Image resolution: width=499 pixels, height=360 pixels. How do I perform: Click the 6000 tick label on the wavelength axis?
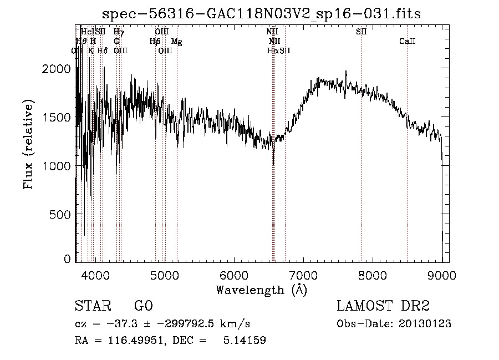click(x=233, y=275)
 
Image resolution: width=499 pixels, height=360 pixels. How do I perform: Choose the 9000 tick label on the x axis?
click(x=442, y=275)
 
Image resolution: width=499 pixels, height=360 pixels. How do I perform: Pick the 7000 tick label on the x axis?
click(x=303, y=275)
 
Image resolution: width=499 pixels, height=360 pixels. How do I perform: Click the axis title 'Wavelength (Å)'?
click(x=261, y=290)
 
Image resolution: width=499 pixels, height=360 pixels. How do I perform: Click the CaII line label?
click(x=408, y=42)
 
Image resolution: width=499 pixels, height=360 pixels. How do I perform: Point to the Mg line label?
click(x=176, y=42)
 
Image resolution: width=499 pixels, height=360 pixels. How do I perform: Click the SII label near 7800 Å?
click(x=361, y=32)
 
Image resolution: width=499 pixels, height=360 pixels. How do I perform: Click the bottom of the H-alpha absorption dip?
click(x=273, y=164)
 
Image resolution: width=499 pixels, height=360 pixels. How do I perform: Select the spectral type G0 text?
click(x=143, y=306)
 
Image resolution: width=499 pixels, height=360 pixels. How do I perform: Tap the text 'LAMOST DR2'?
click(x=383, y=306)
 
